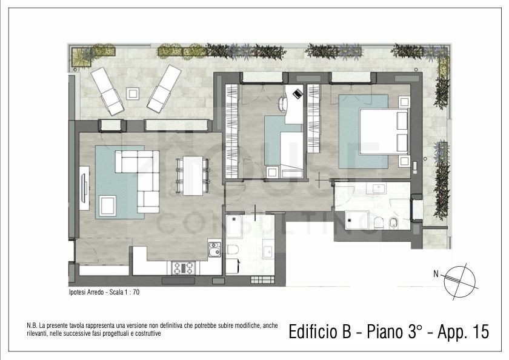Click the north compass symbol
460,281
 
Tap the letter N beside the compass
436,275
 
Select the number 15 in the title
481,332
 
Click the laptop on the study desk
298,93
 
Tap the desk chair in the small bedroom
282,104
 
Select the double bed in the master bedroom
384,131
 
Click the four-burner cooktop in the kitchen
183,268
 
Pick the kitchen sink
215,250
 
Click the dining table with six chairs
193,176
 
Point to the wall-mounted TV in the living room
85,188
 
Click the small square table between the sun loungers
133,94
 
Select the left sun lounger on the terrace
107,92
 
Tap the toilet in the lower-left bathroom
233,250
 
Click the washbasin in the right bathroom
378,188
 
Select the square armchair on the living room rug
108,205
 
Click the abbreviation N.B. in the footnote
32,325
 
